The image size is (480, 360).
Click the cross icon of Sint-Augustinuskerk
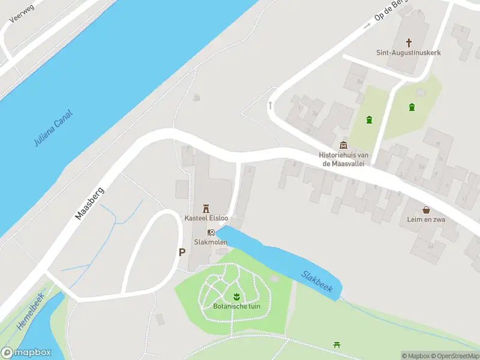pos(409,43)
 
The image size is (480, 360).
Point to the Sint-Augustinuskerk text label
pos(409,53)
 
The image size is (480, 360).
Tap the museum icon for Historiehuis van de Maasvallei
pos(343,145)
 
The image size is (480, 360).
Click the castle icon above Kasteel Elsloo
pos(206,208)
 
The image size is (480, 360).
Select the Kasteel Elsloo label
pos(206,217)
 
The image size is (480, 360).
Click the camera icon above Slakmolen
pos(211,232)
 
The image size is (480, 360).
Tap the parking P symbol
pos(181,253)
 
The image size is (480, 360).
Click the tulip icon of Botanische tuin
pos(237,296)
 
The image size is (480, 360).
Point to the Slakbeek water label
pos(317,281)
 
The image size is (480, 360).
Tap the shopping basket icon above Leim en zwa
pos(426,210)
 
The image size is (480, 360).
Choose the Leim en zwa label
pos(426,220)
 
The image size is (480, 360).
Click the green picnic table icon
pos(337,345)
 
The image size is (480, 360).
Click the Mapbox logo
pos(26,353)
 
